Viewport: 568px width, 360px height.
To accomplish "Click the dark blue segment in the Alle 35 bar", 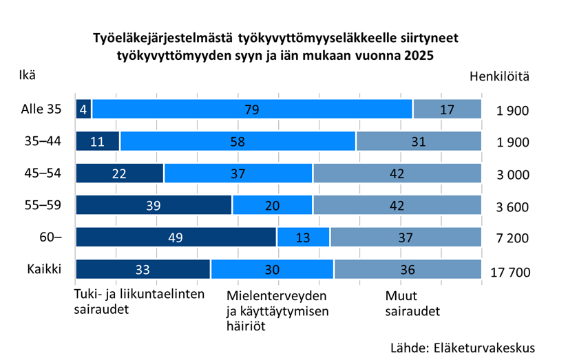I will pos(83,109).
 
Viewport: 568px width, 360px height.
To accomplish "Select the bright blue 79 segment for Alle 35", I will pos(252,109).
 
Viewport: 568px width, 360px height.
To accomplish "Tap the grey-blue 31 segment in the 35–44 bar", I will pos(419,142).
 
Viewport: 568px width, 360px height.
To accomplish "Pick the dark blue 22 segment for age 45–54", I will pos(119,173).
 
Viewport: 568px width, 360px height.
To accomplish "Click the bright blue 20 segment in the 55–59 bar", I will pos(273,205).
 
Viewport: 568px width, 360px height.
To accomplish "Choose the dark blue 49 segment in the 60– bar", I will pos(176,237).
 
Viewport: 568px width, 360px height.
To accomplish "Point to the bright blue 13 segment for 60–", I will pos(303,237).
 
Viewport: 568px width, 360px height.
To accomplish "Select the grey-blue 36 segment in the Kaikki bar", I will pos(408,269).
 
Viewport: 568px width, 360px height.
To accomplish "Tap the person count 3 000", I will pos(512,175).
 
